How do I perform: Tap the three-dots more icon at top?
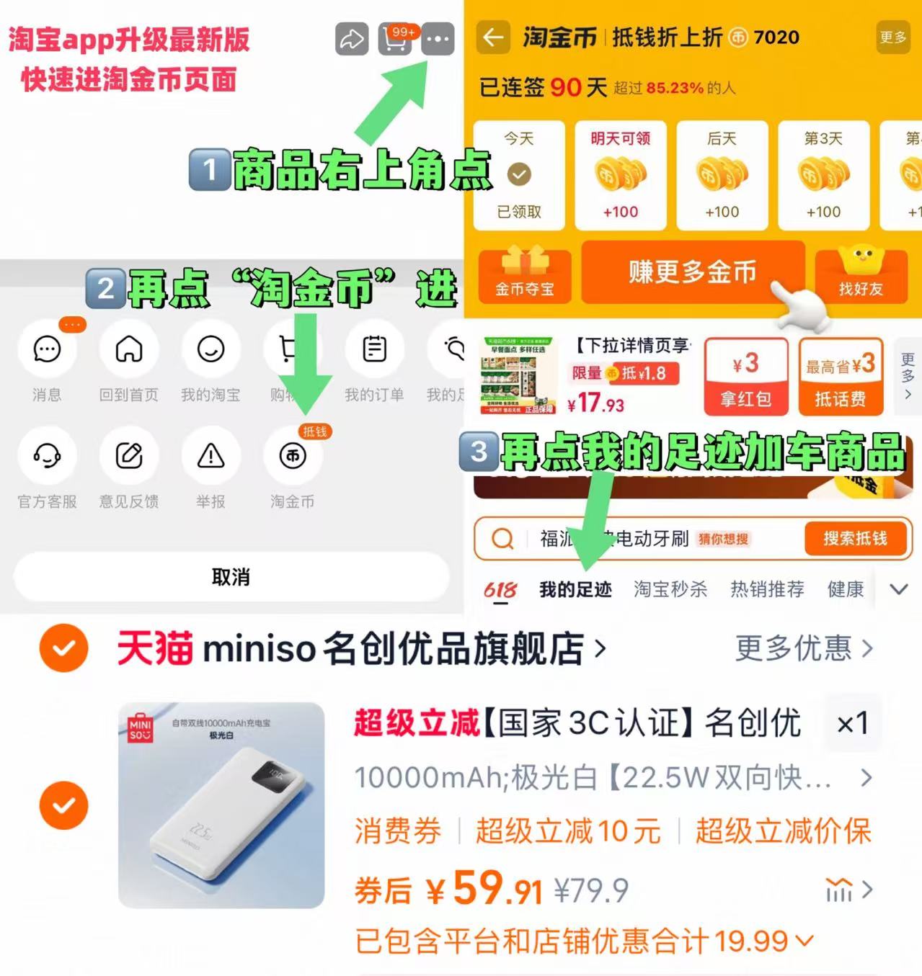[438, 39]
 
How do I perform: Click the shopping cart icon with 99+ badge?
[394, 40]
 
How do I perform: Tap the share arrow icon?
[352, 39]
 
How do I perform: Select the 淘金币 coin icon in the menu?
[293, 456]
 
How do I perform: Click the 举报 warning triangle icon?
[210, 456]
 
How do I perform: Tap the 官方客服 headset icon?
[47, 456]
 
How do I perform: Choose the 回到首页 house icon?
[129, 349]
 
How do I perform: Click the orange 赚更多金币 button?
[692, 272]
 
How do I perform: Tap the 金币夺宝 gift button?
[525, 275]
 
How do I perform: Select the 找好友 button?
[861, 275]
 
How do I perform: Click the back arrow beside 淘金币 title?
[494, 37]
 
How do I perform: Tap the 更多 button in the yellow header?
[892, 37]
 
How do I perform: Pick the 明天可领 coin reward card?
[621, 175]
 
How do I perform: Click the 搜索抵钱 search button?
[855, 538]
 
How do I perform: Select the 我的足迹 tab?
[575, 590]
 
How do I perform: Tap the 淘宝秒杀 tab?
[670, 590]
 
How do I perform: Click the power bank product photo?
[221, 805]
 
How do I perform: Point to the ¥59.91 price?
[484, 889]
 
